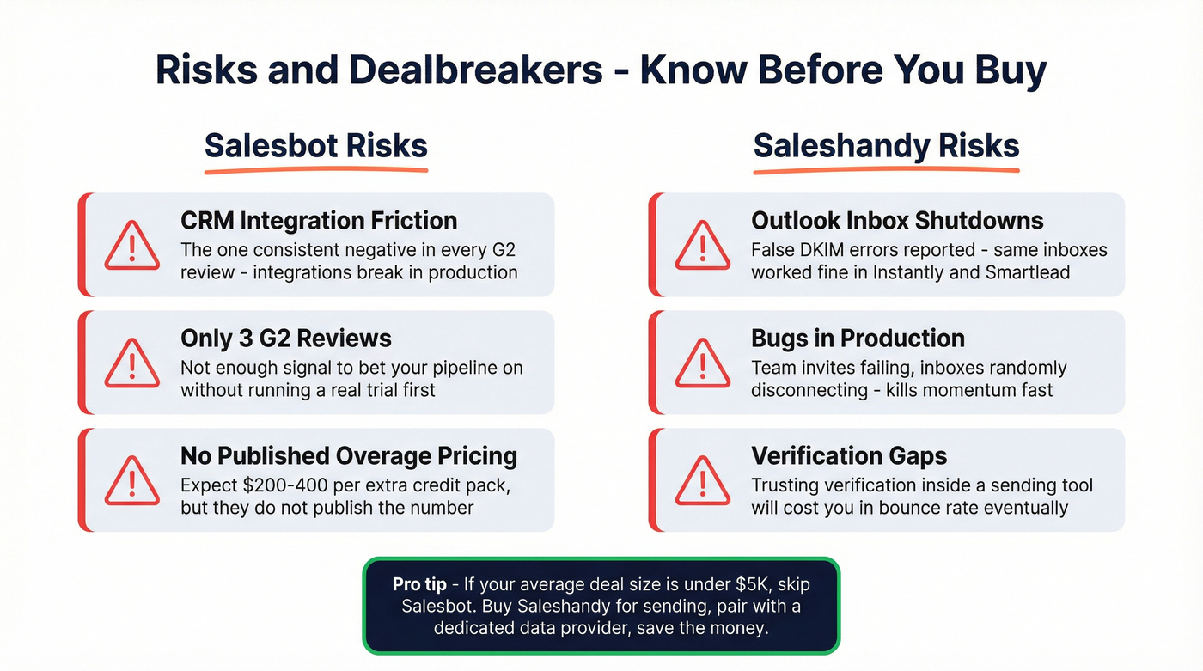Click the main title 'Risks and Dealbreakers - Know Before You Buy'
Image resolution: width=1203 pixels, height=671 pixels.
[601, 70]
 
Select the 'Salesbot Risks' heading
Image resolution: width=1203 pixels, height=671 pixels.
[315, 146]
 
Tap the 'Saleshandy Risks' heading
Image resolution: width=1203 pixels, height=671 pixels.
[886, 146]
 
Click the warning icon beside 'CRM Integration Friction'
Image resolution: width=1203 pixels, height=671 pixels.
[131, 246]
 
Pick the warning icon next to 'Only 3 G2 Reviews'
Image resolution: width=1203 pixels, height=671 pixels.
[131, 363]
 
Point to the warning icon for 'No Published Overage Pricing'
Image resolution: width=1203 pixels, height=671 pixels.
[131, 481]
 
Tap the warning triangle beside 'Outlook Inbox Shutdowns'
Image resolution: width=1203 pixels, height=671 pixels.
[702, 246]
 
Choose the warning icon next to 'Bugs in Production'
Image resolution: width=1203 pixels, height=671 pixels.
[702, 363]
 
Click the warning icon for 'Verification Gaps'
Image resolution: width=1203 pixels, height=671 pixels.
[702, 481]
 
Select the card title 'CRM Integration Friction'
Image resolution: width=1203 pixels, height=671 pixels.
[319, 221]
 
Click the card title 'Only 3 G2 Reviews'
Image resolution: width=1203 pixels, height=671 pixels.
[285, 339]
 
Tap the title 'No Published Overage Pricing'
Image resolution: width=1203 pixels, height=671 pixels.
[349, 455]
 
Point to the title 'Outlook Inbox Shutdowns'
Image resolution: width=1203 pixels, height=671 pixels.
[897, 221]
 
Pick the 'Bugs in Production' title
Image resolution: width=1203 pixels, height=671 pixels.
[858, 339]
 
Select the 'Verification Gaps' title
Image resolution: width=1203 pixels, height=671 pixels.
[849, 455]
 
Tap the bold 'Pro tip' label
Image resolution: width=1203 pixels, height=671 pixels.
[419, 584]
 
